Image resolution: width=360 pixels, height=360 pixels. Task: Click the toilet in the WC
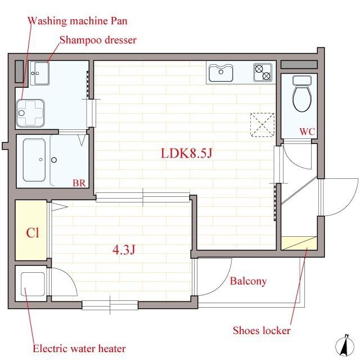[x=302, y=94]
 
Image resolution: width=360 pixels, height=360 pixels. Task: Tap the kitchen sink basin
[x=220, y=73]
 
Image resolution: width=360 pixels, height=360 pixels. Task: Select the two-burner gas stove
[x=263, y=73]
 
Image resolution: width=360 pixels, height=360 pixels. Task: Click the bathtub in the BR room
[x=34, y=160]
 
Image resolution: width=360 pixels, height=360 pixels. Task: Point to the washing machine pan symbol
[x=30, y=113]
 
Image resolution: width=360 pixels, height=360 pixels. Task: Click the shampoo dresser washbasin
[x=39, y=73]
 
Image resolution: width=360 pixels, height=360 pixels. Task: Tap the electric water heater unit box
[x=33, y=284]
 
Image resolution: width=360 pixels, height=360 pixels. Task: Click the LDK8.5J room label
[x=186, y=154]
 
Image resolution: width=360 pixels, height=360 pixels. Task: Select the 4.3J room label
[x=124, y=250]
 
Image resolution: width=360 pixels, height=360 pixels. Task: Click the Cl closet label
[x=33, y=232]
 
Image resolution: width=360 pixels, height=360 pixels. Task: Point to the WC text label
[x=307, y=132]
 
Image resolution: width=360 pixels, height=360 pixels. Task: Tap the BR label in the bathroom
[x=79, y=183]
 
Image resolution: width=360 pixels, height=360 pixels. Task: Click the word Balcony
[x=249, y=281]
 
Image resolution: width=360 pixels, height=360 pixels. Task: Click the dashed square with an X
[x=262, y=125]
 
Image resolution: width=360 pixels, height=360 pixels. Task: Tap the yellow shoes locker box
[x=299, y=243]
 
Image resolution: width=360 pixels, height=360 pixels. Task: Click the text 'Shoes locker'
[x=262, y=330]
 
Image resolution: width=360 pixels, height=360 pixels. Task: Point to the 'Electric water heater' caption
[x=79, y=349]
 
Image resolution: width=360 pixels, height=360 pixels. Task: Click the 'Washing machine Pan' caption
[x=78, y=21]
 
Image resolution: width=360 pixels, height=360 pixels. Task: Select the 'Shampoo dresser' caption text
[x=98, y=40]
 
